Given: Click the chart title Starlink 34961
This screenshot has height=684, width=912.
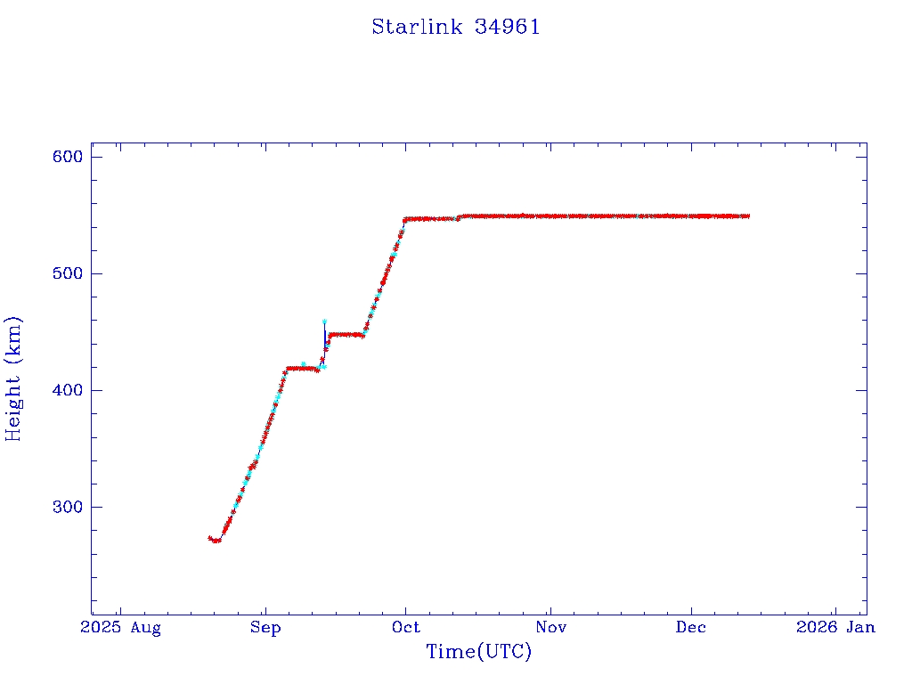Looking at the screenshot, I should click(456, 28).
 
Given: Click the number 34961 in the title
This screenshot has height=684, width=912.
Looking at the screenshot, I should click(508, 28).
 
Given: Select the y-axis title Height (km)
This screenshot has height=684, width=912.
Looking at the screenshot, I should click(14, 379).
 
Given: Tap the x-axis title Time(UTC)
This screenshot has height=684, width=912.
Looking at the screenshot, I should click(479, 652).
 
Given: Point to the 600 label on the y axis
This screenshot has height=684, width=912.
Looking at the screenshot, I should click(68, 157).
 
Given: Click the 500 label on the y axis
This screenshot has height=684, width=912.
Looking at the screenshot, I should click(68, 273).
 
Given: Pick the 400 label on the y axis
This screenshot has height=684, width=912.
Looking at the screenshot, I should click(68, 390).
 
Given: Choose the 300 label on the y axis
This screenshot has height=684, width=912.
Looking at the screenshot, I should click(68, 507).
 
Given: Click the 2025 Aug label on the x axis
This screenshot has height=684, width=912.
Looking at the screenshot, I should click(121, 628).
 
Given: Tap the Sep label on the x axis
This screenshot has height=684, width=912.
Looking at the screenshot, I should click(265, 628).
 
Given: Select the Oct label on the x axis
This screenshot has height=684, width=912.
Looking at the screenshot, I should click(405, 628).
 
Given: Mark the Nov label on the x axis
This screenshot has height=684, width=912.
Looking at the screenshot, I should click(550, 628).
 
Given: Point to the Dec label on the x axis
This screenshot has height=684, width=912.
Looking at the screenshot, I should click(691, 628).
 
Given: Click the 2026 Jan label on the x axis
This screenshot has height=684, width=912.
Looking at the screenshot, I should click(835, 628).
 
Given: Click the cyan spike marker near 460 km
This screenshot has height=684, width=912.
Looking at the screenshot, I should click(324, 322).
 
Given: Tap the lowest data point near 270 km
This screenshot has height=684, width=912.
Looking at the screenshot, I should click(216, 541).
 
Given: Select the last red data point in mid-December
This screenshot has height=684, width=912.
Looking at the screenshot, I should click(747, 216).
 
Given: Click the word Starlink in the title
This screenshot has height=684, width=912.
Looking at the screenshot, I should click(417, 28).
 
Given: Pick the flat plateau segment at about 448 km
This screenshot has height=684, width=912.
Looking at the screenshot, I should click(346, 335).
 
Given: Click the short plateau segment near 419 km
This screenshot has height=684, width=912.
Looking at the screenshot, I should click(301, 368).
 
